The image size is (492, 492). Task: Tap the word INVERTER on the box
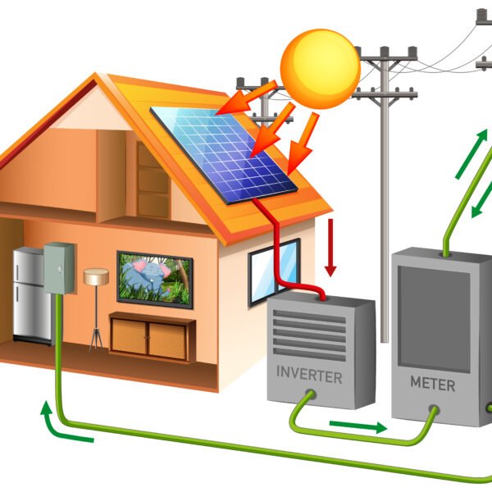[x=308, y=376]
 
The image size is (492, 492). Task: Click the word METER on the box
[x=431, y=382]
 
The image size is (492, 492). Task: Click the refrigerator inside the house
[x=31, y=294]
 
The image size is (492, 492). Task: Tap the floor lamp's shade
[x=95, y=277]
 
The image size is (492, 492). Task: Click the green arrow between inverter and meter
[x=358, y=426]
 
